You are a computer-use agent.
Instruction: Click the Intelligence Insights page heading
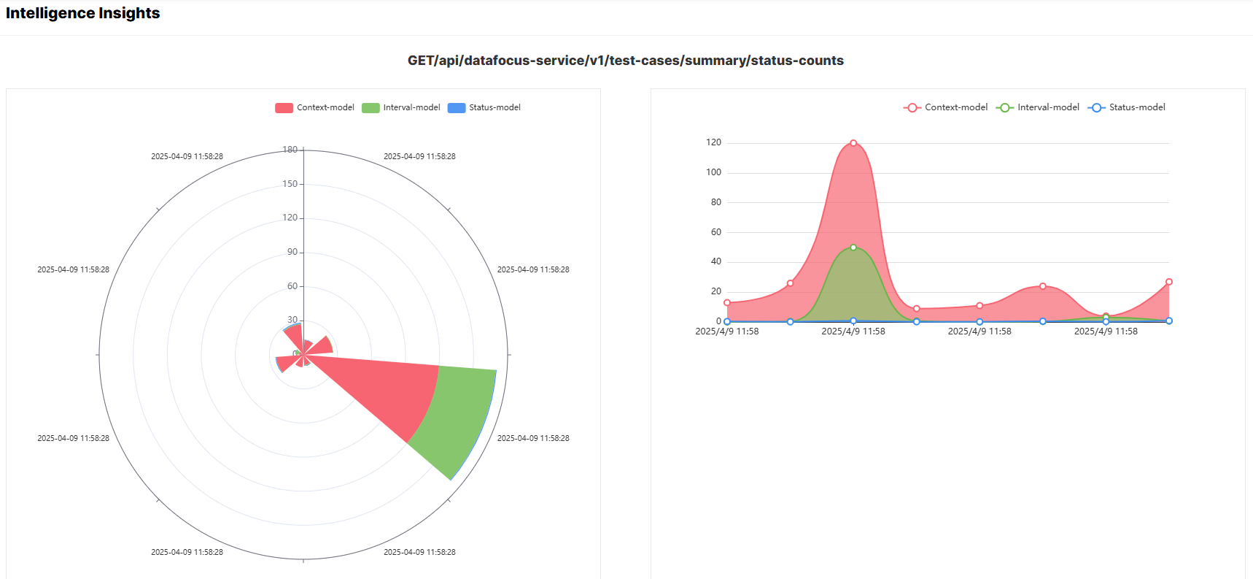point(82,13)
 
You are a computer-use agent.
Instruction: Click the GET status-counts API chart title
point(625,61)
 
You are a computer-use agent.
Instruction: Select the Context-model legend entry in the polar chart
point(315,107)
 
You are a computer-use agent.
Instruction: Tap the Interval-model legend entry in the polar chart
point(402,107)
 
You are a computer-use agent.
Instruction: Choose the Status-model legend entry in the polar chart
point(485,107)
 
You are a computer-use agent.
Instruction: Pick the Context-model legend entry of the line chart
point(946,107)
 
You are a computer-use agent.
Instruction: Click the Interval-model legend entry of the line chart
point(1038,107)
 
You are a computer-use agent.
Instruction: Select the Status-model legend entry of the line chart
point(1127,107)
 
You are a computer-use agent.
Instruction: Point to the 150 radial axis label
point(290,184)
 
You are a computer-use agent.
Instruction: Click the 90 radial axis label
point(292,252)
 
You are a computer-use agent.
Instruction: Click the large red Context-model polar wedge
point(387,387)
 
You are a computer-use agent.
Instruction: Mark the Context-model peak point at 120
point(853,143)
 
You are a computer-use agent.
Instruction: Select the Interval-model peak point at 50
point(853,248)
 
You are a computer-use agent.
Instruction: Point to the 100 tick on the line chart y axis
point(713,172)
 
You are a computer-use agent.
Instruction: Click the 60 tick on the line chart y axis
point(715,232)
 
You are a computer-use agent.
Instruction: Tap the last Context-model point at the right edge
point(1168,282)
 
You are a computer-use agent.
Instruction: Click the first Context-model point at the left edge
point(727,302)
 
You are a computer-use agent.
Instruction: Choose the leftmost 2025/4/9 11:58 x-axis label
point(727,331)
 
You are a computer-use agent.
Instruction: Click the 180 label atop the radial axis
point(290,150)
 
